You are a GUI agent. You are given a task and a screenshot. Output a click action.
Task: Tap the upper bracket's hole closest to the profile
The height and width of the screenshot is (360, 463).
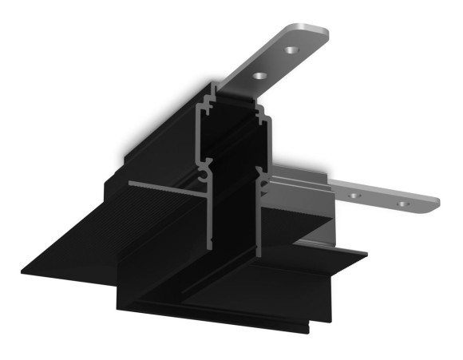pos(259,77)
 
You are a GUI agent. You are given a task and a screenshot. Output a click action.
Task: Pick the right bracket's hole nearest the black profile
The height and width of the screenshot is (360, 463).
pos(359,193)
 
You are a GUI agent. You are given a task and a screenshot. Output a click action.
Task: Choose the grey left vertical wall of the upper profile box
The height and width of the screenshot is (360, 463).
pos(196,128)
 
